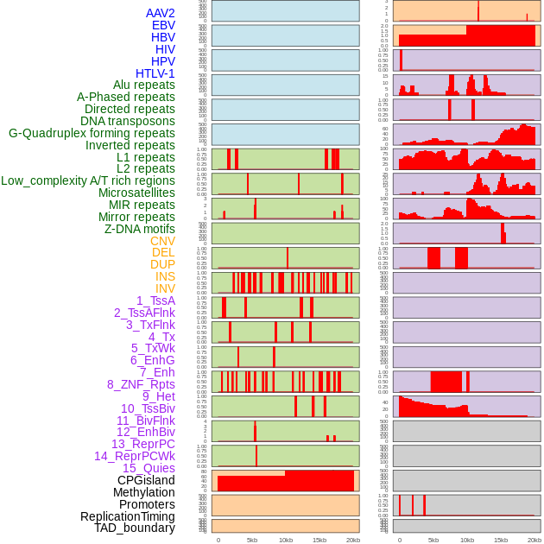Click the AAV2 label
point(161,13)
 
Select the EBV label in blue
point(163,25)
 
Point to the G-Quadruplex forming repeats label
point(92,133)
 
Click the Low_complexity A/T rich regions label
point(88,180)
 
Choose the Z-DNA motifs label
point(139,229)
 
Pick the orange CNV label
point(162,241)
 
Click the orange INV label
point(165,288)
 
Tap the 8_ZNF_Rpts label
point(141,384)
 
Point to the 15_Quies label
point(149,468)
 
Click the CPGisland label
point(146,480)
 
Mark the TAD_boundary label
point(135,528)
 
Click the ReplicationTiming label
point(128,516)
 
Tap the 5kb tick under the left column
point(252,540)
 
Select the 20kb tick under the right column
point(535,540)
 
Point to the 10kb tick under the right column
point(467,540)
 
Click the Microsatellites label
point(136,193)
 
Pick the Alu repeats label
point(144,85)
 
